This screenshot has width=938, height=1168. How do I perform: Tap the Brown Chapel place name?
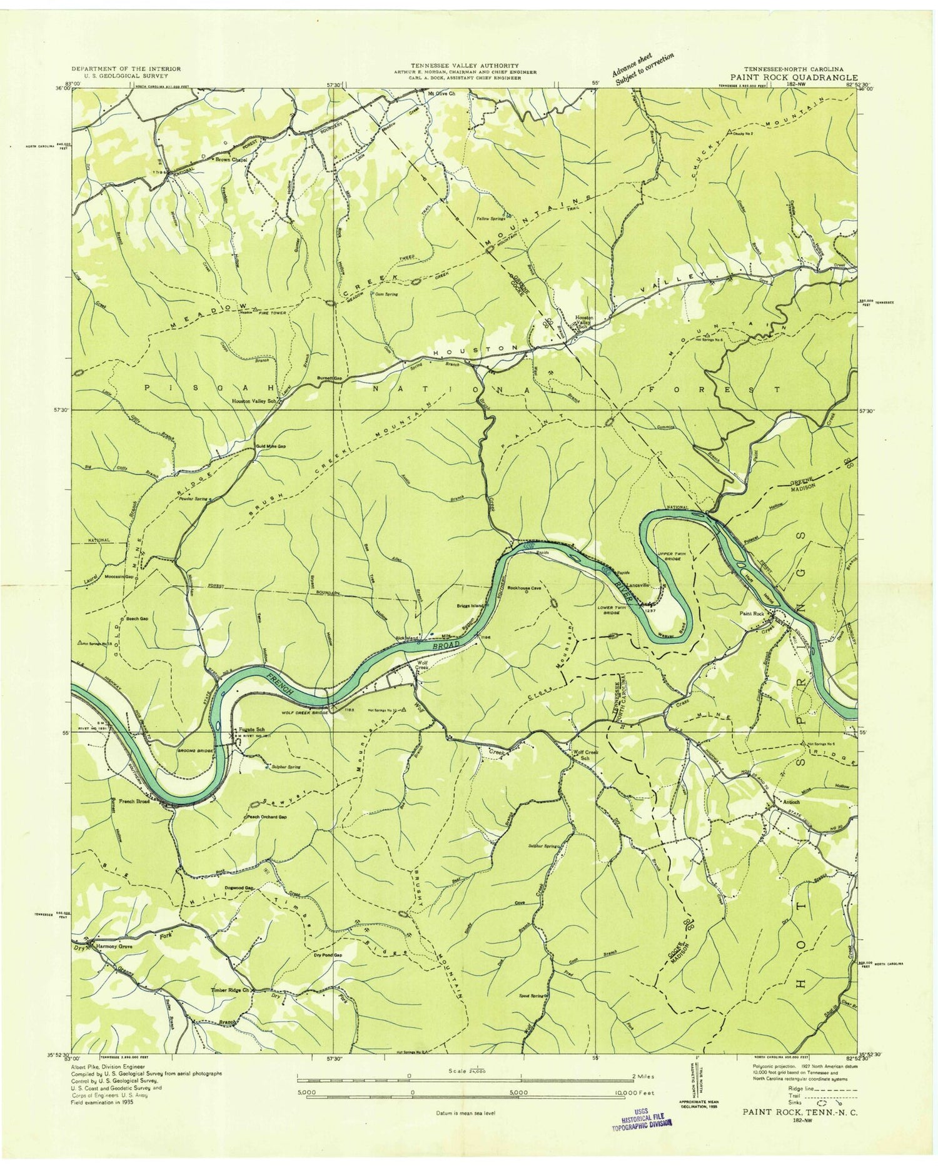pyautogui.click(x=231, y=159)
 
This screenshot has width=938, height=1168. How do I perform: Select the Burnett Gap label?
pyautogui.click(x=330, y=378)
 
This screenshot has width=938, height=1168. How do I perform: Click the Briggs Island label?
pyautogui.click(x=471, y=605)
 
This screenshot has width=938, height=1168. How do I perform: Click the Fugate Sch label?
pyautogui.click(x=251, y=730)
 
